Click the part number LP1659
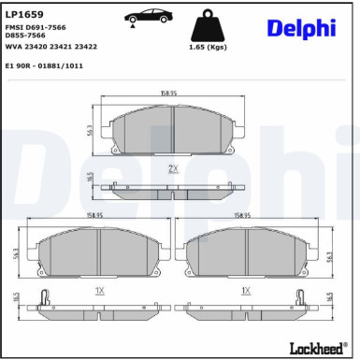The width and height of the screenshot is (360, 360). click(x=23, y=14)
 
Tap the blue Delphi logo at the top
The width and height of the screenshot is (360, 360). click(x=300, y=28)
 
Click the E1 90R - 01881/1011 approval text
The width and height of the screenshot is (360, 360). click(x=44, y=65)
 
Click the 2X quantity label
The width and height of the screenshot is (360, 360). click(x=172, y=167)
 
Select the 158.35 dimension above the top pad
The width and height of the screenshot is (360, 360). click(x=168, y=93)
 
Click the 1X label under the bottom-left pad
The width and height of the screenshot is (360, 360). click(x=100, y=290)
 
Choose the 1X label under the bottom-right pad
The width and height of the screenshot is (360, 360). click(x=245, y=290)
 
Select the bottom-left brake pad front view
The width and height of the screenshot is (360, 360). click(x=100, y=252)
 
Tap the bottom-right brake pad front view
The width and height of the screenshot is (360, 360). click(x=246, y=252)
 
